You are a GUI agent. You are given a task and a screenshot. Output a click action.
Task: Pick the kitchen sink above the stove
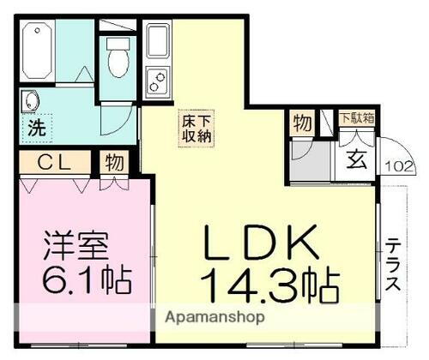pos(159,40)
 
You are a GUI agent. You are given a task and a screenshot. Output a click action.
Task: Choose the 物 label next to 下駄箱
pos(301,122)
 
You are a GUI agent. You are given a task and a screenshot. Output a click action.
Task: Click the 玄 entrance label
pos(354,157)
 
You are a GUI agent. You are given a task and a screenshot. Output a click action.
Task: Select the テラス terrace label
pos(392,266)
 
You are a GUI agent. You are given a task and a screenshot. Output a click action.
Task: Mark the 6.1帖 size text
pos(76,279)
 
